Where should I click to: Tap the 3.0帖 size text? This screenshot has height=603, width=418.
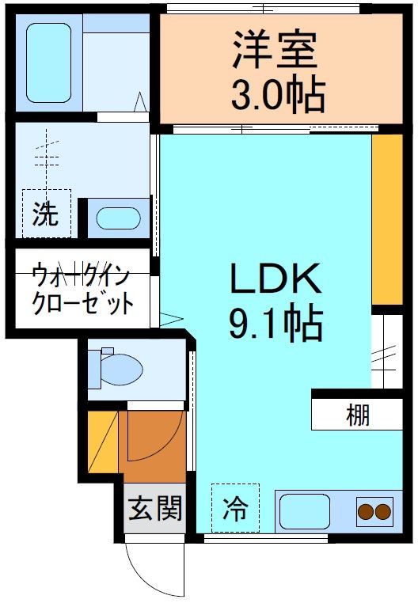[x=277, y=96]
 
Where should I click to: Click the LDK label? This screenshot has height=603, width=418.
[x=275, y=279]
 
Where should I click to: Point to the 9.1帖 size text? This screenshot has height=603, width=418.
[x=275, y=324]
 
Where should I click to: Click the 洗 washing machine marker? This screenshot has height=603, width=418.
[x=46, y=214]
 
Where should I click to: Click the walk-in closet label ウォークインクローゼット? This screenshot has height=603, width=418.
[x=82, y=290]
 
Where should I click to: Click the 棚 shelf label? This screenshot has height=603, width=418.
[x=357, y=414]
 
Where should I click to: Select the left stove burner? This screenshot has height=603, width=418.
[x=366, y=512]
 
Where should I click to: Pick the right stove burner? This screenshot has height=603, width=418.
[x=384, y=512]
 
